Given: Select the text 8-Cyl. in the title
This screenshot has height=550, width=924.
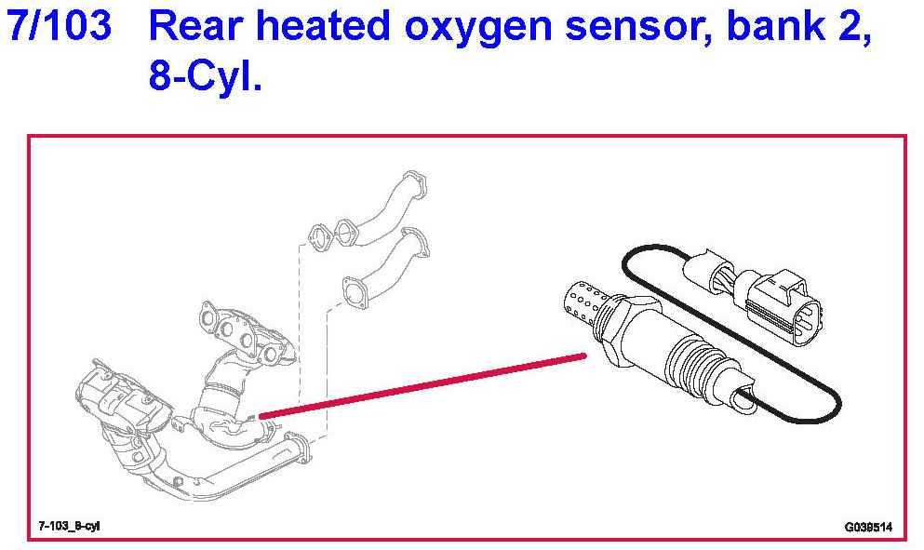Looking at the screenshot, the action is (x=206, y=76).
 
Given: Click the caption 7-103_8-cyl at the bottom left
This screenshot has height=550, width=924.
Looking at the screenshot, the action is (x=70, y=526).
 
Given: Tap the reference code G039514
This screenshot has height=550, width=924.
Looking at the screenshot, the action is (x=867, y=527).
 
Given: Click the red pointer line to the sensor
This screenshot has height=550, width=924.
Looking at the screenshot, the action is (x=419, y=384).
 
